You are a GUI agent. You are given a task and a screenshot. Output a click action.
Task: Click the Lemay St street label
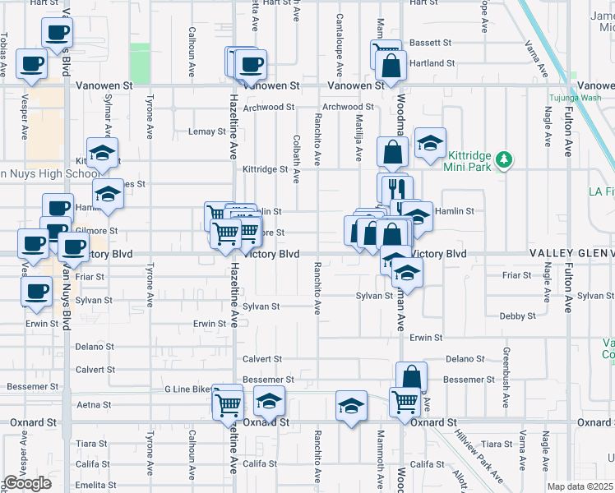pos(206,131)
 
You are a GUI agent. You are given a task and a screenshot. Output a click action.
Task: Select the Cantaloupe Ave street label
pos(340,41)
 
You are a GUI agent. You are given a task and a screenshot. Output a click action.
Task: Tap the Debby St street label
pos(518,316)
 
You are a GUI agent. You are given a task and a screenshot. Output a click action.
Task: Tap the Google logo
pos(28,483)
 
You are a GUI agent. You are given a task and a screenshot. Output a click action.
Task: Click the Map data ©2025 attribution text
pos(580,486)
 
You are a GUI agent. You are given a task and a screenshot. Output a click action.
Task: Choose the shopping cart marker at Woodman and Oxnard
pos(405,402)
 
